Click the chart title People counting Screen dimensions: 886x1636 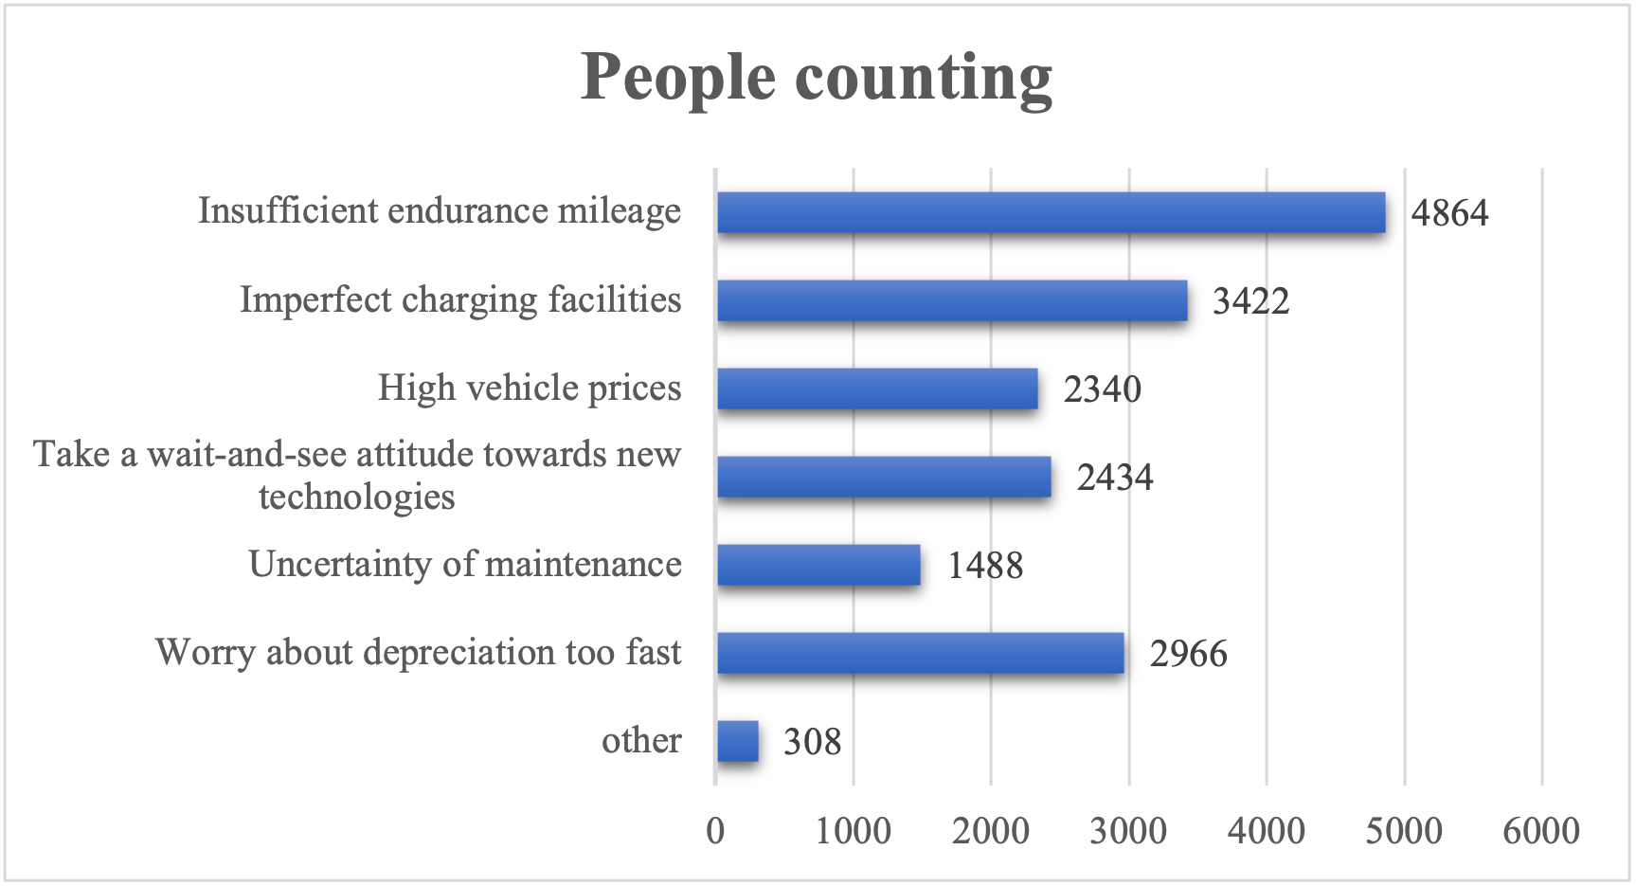[x=816, y=78]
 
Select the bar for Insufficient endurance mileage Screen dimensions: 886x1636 [x=1051, y=212]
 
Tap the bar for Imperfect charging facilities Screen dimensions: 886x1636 [x=952, y=300]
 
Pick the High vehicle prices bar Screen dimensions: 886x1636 [x=877, y=389]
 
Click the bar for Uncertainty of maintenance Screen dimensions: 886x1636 [x=818, y=565]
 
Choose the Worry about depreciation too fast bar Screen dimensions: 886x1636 [x=920, y=653]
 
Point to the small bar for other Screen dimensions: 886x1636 [x=738, y=741]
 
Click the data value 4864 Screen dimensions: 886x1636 [x=1449, y=213]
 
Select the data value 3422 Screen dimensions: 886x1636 [x=1250, y=301]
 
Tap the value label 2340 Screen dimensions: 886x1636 [x=1102, y=389]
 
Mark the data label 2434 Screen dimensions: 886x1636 [x=1115, y=478]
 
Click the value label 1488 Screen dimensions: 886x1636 [x=985, y=566]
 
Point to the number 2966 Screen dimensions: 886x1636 [x=1188, y=654]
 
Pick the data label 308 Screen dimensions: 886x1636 [x=812, y=742]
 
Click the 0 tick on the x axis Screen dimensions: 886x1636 [x=715, y=831]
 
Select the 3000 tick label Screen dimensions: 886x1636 [x=1128, y=831]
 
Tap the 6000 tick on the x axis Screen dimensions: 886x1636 [x=1541, y=831]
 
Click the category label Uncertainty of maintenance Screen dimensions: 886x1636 [x=465, y=564]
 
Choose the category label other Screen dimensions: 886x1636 [x=641, y=740]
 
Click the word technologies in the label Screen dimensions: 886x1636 [x=357, y=497]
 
